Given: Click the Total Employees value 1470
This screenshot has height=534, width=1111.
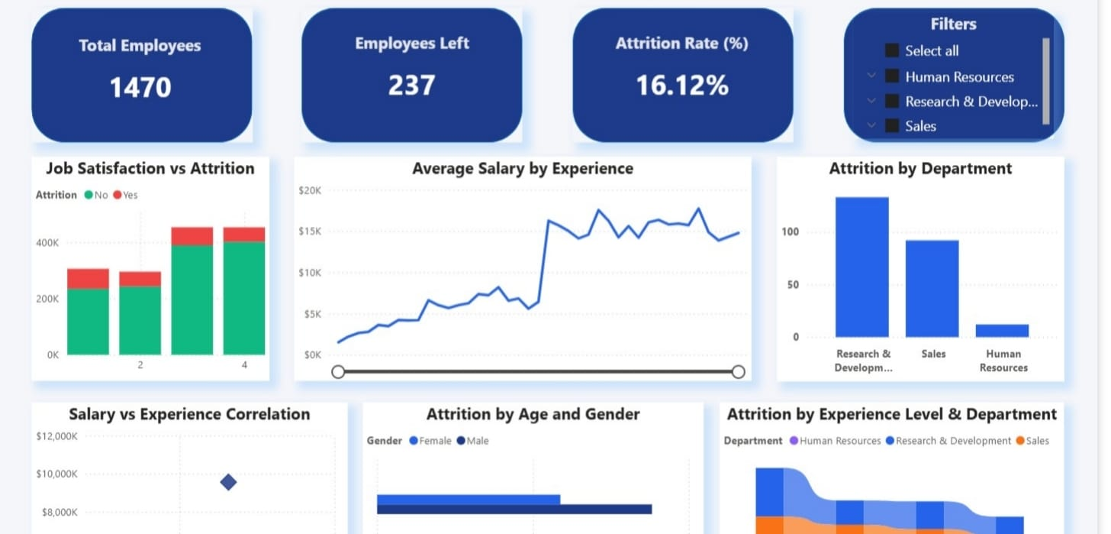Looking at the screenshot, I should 140,87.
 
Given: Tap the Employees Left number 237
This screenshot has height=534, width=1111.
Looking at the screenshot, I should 411,85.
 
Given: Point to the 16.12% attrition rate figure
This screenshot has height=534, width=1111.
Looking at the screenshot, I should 682,85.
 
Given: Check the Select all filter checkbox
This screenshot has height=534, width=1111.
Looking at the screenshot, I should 892,50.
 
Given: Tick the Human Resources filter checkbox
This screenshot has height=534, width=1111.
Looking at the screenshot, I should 892,76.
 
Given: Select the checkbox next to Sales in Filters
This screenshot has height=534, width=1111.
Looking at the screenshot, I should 892,126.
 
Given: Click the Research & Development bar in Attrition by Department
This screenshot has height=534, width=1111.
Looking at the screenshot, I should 861,267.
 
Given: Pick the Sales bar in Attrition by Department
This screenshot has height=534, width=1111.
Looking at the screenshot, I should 932,288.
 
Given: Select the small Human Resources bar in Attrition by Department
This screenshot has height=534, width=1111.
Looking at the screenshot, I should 1002,330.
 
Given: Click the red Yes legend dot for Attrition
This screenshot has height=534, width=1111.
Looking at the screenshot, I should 118,195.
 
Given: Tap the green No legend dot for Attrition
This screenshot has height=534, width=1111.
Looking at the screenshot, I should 89,195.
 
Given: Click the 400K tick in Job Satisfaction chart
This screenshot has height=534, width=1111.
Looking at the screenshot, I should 47,242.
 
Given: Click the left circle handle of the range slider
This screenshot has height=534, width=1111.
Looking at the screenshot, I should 338,371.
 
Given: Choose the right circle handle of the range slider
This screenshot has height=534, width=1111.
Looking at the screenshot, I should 738,371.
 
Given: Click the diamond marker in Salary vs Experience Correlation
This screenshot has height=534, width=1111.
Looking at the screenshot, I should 227,482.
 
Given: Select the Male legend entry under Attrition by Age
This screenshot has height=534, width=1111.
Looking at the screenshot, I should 473,441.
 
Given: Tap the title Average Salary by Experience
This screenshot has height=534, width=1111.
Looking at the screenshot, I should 523,168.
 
